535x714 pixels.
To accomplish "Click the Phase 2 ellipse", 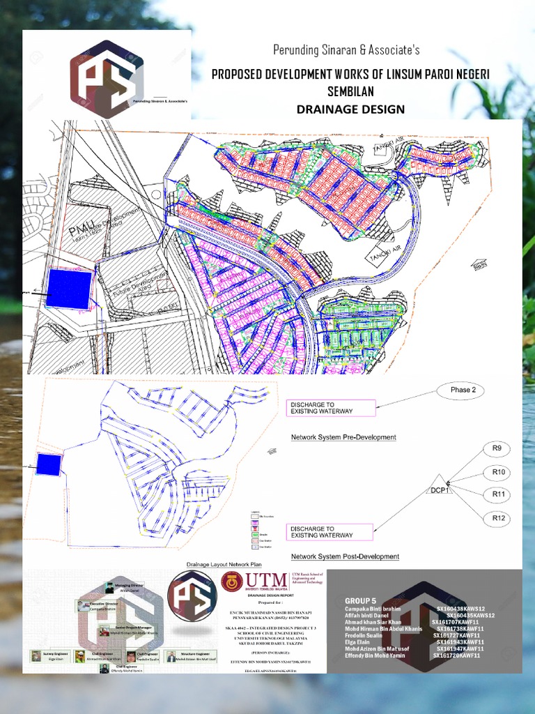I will pos(460,390).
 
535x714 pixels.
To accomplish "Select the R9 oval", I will pos(497,448).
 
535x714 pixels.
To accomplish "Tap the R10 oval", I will pos(497,472).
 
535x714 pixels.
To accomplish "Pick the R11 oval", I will pos(497,494).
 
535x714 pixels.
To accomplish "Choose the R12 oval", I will pos(497,518).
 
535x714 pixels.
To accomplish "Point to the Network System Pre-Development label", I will pos(343,437).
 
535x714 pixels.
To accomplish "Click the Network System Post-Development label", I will pos(345,556).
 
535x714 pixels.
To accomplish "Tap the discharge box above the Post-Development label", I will pos(330,532).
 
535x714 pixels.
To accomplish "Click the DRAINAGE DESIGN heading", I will pos(350,109).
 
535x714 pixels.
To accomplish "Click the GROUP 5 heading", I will pos(360,600).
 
